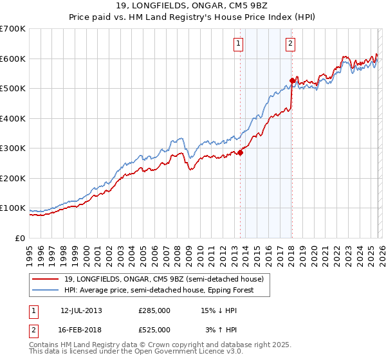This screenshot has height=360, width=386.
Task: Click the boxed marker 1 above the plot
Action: [x=238, y=44]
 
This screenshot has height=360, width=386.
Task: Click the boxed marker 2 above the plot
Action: [x=290, y=44]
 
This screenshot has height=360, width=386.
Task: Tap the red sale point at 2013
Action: [x=241, y=153]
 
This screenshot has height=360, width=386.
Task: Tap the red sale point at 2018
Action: [x=292, y=81]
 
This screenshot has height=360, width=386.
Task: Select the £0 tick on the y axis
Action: [x=21, y=238]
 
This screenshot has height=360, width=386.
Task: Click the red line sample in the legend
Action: [x=46, y=279]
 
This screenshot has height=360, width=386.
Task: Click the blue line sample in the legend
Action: [x=46, y=290]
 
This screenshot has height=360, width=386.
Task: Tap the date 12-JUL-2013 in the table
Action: [x=81, y=310]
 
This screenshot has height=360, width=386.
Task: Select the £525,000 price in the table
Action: [x=154, y=330]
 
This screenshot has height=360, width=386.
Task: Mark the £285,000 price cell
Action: [x=154, y=310]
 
